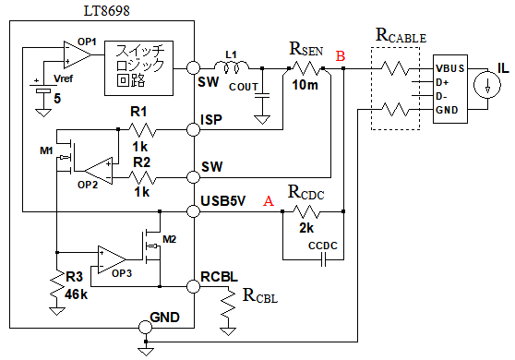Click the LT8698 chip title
coord(107,10)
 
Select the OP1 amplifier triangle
coord(78,54)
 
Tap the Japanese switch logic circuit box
coord(138,68)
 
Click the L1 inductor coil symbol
coord(232,66)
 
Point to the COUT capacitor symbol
coord(262,96)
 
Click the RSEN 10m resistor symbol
coord(306,68)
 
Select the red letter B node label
coord(341,56)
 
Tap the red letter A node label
coord(269,200)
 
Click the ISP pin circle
coord(193,129)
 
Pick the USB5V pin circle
coord(193,211)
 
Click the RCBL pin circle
coord(193,286)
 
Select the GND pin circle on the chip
coord(146,327)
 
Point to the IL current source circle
coord(487,85)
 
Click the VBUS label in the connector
coord(450,68)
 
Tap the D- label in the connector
coord(441,96)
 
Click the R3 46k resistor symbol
coord(57,284)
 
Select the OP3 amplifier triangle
coord(112,259)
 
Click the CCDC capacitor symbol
coord(323,260)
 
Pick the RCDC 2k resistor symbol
coord(306,211)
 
